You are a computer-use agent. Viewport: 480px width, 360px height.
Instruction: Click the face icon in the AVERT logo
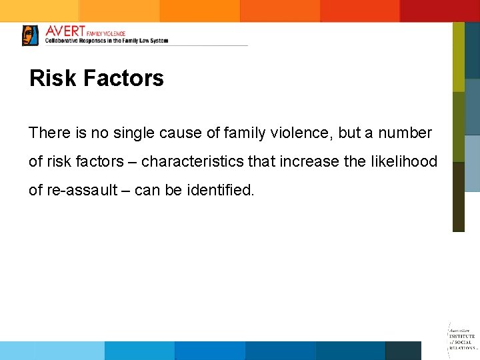[x=30, y=35]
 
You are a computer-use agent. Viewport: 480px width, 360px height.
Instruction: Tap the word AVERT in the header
[x=65, y=31]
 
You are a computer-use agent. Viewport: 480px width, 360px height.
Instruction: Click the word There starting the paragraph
[x=49, y=133]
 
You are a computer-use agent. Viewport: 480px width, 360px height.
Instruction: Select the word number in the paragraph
[x=406, y=133]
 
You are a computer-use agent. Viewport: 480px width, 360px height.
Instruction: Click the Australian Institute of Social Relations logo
[x=462, y=337]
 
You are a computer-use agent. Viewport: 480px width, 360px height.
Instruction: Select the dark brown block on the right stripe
[x=458, y=197]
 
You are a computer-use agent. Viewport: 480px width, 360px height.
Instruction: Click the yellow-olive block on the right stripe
[x=458, y=57]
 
